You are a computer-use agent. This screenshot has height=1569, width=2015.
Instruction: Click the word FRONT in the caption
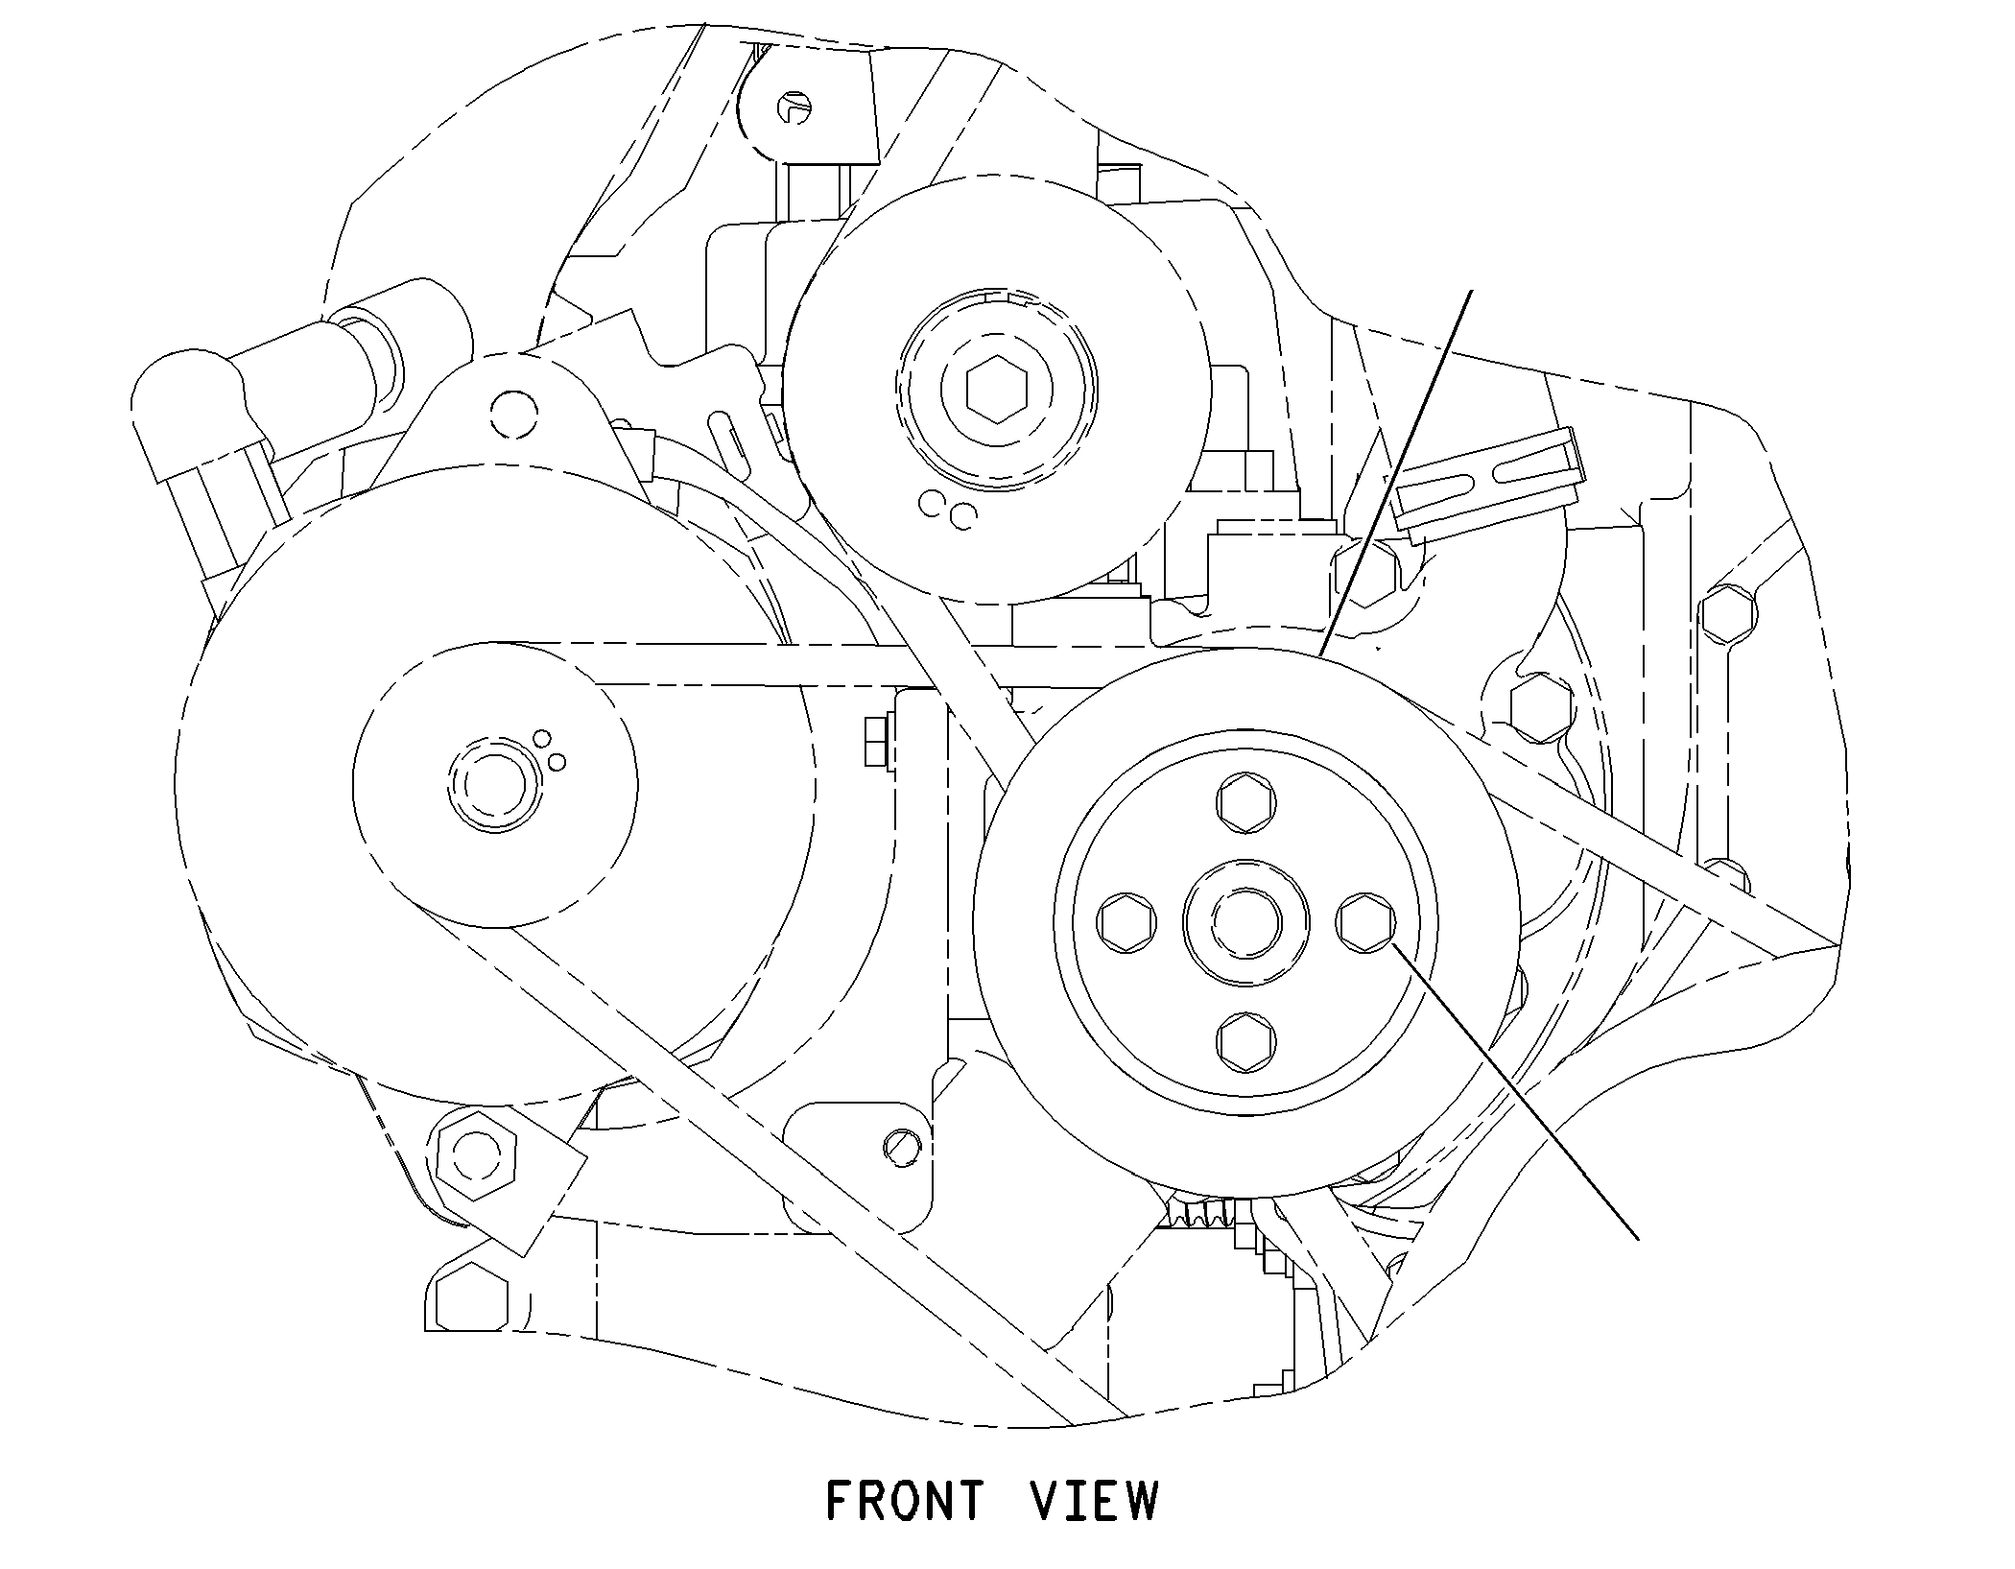point(905,1501)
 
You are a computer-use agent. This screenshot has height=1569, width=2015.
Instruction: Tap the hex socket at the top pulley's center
point(998,392)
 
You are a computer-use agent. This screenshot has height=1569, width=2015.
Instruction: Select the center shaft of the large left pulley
point(494,784)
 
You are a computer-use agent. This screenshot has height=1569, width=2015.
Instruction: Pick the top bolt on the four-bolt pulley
point(1246,801)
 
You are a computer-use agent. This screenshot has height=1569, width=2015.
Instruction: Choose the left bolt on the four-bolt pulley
point(1126,922)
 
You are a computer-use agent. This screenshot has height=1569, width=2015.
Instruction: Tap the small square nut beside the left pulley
point(874,743)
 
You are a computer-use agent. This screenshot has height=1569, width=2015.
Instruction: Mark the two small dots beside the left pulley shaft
point(549,751)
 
